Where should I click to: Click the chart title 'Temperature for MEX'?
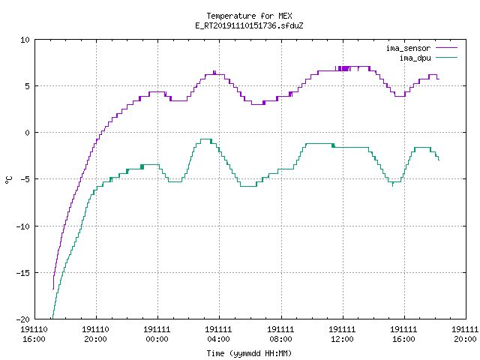pyautogui.click(x=249, y=16)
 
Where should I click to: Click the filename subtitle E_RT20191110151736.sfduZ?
pyautogui.click(x=249, y=25)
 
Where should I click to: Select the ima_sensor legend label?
pyautogui.click(x=408, y=48)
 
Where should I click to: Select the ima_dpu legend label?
pyautogui.click(x=415, y=58)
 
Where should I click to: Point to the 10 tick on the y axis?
pyautogui.click(x=25, y=40)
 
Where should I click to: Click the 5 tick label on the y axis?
pyautogui.click(x=28, y=86)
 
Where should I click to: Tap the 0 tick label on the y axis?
pyautogui.click(x=28, y=133)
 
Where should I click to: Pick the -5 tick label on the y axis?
pyautogui.click(x=25, y=179)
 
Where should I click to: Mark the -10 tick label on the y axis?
pyautogui.click(x=22, y=226)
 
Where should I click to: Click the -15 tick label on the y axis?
pyautogui.click(x=22, y=273)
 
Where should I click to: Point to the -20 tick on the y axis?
pyautogui.click(x=22, y=319)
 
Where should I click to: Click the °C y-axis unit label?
pyautogui.click(x=8, y=180)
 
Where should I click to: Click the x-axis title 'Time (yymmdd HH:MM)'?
pyautogui.click(x=249, y=353)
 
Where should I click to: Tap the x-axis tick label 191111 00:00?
pyautogui.click(x=157, y=334)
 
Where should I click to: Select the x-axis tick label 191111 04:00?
pyautogui.click(x=218, y=334)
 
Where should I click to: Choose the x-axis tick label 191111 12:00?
pyautogui.click(x=342, y=334)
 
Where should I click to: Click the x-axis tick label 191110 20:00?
pyautogui.click(x=95, y=334)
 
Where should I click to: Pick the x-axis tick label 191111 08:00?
pyautogui.click(x=280, y=334)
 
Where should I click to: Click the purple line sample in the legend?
pyautogui.click(x=447, y=48)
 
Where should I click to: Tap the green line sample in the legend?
pyautogui.click(x=447, y=57)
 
